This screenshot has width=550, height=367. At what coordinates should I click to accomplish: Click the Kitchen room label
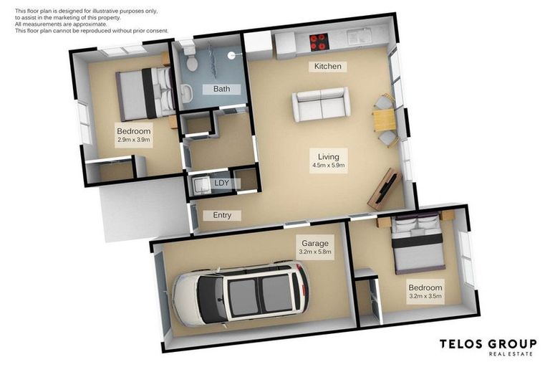327,67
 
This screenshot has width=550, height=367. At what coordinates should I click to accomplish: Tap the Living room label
328,155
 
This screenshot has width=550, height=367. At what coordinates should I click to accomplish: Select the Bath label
221,90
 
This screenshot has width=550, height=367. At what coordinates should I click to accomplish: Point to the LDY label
222,183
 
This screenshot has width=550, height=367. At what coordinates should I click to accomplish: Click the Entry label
222,215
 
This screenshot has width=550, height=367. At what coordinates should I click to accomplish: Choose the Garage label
314,243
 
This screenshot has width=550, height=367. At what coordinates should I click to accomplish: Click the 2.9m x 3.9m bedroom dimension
134,140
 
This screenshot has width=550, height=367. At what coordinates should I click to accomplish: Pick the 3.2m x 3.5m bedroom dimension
425,295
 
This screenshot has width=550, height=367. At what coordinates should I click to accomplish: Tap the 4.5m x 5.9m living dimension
328,165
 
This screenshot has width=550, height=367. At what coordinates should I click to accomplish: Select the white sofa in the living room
321,105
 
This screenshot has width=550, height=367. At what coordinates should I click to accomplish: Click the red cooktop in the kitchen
318,42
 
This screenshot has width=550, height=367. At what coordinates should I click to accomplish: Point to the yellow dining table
384,120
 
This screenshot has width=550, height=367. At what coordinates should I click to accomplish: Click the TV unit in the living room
383,189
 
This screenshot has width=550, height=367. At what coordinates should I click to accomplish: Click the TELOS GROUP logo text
488,344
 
